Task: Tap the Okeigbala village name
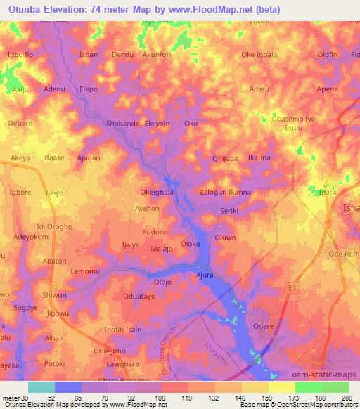pos(156,192)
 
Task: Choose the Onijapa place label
pos(227,158)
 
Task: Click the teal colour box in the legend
pos(41,387)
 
